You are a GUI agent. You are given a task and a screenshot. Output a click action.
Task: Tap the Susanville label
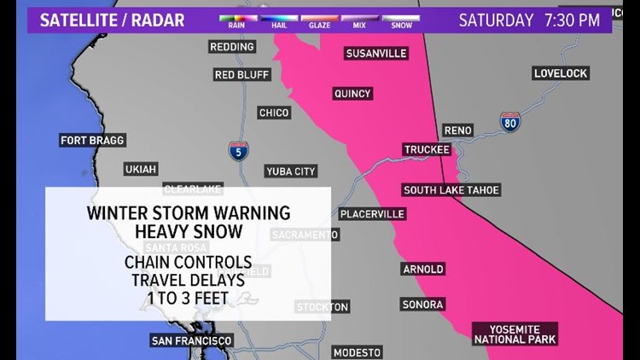tap(376, 53)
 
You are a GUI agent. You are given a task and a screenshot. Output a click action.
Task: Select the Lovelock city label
tap(561, 73)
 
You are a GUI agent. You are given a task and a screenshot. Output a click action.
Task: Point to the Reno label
tap(458, 130)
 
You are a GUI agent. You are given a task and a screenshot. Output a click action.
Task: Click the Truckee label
tap(427, 150)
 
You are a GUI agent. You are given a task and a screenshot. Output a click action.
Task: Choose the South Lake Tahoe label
tap(451, 190)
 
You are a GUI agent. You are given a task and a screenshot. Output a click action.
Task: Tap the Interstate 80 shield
tap(511, 121)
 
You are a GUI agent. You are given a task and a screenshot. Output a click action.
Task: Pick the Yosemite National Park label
tap(516, 334)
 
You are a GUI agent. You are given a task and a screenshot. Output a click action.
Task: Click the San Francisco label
tap(191, 340)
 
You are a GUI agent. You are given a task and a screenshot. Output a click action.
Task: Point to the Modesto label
tap(357, 352)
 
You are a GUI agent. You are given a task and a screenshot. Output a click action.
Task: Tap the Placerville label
tap(370, 214)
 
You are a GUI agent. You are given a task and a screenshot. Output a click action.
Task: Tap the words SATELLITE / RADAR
tap(107, 20)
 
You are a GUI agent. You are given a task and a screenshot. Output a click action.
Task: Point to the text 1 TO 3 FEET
tap(188, 299)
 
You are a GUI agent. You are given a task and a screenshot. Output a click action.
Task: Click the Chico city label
tap(274, 113)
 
